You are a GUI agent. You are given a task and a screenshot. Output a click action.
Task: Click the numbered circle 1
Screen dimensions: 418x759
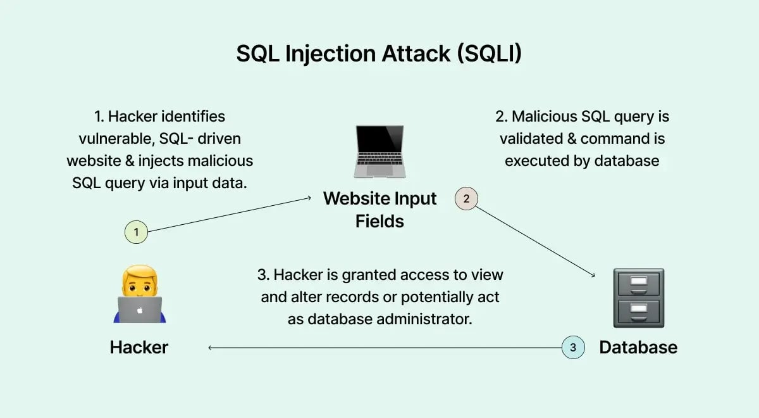[136, 232]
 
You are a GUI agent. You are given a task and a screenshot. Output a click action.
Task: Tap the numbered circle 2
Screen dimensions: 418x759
[466, 199]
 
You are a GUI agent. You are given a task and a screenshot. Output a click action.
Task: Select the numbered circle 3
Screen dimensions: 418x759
[573, 347]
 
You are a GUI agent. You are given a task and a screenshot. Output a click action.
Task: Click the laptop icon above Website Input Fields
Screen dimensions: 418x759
[379, 151]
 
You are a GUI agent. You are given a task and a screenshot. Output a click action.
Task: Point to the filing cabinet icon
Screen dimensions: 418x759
[638, 298]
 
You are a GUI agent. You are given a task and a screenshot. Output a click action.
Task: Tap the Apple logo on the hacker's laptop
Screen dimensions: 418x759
[139, 310]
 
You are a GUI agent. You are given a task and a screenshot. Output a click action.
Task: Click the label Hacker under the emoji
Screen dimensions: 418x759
[139, 347]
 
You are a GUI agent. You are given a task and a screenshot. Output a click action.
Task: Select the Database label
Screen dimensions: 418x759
[638, 347]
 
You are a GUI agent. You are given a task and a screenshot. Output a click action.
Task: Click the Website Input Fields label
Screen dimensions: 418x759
[379, 209]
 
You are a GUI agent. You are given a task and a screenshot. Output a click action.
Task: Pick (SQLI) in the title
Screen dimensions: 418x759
[488, 54]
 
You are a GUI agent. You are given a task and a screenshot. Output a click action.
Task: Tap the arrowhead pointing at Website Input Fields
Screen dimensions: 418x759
[309, 198]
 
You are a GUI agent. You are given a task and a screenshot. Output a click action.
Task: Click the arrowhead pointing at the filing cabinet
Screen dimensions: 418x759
[593, 275]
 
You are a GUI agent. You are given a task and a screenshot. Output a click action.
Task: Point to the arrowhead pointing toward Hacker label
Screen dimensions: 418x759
[210, 347]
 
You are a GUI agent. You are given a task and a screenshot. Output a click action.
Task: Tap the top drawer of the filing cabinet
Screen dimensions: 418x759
[638, 282]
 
